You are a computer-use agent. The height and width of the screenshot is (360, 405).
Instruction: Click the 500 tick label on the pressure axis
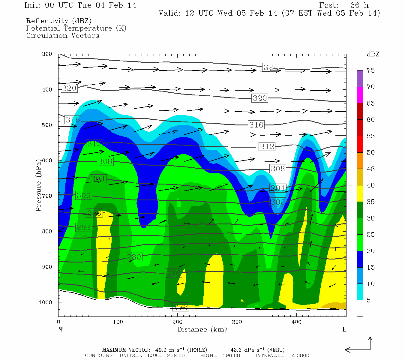[x=47, y=125]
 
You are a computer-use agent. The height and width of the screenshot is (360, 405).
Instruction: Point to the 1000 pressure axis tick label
[x=46, y=302]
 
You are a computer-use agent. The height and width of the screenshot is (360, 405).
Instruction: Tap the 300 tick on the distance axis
[x=237, y=322]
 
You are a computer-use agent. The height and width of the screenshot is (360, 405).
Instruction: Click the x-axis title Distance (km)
[x=202, y=329]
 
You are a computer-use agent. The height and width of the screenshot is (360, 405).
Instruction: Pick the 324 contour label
[x=270, y=67]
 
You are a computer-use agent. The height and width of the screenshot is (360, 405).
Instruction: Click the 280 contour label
[x=134, y=257]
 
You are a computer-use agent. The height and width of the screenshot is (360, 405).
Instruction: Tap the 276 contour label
[x=173, y=273]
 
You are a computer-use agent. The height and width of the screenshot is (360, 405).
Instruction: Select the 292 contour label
[x=83, y=227]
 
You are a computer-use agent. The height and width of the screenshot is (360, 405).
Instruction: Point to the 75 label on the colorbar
[x=371, y=70]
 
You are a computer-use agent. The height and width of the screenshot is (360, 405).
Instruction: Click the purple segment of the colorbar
[x=360, y=79]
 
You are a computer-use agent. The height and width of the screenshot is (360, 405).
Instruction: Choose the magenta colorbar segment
[x=360, y=95]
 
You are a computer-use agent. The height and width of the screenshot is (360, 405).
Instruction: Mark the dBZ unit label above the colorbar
[x=373, y=54]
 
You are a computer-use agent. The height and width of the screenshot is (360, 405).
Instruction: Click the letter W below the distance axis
[x=61, y=329]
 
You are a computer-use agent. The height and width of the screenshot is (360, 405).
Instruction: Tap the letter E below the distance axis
[x=344, y=329]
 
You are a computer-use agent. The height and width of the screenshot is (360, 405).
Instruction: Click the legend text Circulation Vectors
[x=62, y=35]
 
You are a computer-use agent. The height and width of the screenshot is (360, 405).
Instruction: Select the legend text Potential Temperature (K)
[x=76, y=28]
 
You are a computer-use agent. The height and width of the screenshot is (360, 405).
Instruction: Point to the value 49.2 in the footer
[x=160, y=350]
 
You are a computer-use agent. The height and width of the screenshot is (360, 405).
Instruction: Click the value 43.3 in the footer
[x=236, y=350]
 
